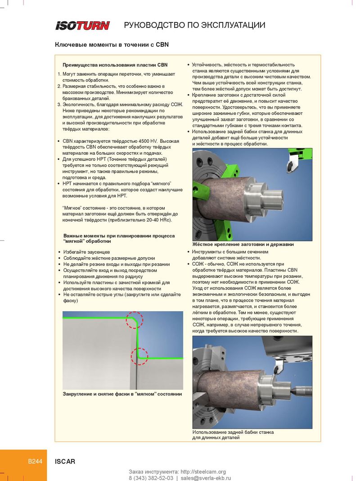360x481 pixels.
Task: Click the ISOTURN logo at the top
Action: [x=82, y=25]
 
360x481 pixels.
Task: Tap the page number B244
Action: [x=35, y=461]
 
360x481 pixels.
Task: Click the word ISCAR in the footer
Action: [x=65, y=461]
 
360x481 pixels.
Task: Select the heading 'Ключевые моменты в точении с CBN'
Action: [x=112, y=45]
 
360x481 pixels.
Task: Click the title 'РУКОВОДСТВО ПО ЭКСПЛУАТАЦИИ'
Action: [x=194, y=25]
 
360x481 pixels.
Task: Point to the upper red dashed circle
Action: [x=134, y=320]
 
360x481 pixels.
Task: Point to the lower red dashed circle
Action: [x=139, y=356]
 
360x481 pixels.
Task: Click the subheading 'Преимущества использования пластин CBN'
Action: [x=115, y=65]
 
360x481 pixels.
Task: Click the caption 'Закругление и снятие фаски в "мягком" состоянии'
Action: [x=122, y=394]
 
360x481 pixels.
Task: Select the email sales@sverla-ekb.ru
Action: [x=206, y=478]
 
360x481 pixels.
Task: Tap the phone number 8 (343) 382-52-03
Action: [x=151, y=478]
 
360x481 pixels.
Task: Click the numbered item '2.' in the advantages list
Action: [x=59, y=86]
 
